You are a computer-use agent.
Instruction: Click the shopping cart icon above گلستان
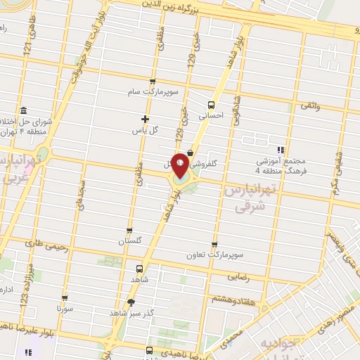[x=129, y=230]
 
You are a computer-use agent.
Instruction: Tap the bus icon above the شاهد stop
[x=139, y=268]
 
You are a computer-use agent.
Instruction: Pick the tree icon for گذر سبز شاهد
[x=131, y=302]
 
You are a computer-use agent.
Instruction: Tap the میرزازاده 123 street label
[x=25, y=290]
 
